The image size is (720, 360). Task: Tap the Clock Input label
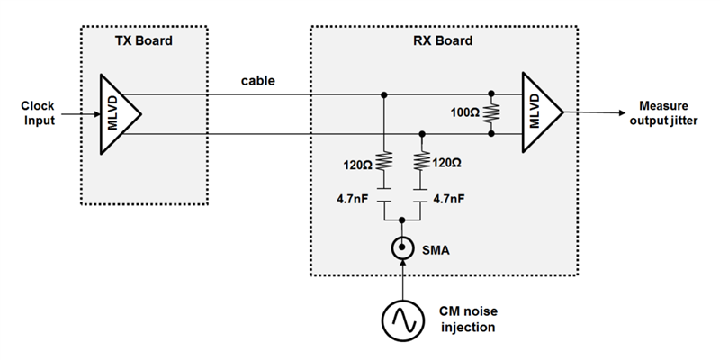[x=36, y=112]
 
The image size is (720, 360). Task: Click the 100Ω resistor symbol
[x=492, y=113]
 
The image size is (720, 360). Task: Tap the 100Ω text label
[x=465, y=114]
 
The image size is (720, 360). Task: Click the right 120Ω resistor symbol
[x=422, y=162]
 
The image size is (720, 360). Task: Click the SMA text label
[x=435, y=249]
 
